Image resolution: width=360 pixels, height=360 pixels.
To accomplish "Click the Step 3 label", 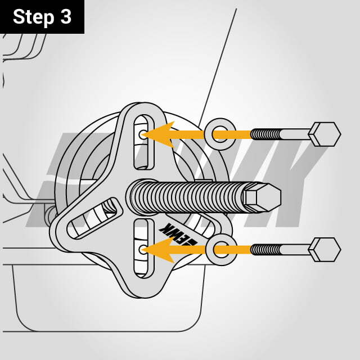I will tap(42, 17).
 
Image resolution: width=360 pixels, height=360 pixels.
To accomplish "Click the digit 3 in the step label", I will tap(65, 17).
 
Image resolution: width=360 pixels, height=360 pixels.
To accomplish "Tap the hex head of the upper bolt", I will tap(325, 134).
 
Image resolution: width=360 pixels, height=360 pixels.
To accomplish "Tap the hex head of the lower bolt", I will tap(325, 249).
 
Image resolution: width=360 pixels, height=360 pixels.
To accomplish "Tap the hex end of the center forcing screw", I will tap(263, 197).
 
